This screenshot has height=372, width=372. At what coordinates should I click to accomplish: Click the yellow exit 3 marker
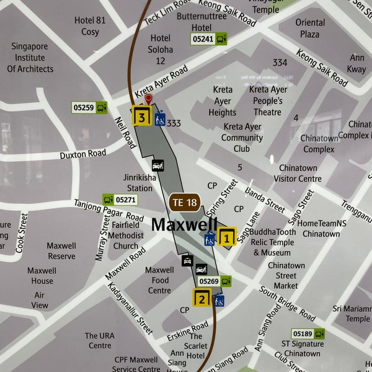pyautogui.click(x=142, y=117)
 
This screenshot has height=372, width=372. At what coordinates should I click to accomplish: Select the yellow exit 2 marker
pyautogui.click(x=201, y=298)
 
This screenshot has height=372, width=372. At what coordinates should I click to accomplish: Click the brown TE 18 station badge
pyautogui.click(x=184, y=202)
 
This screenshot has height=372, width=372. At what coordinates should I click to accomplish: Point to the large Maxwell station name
pyautogui.click(x=184, y=224)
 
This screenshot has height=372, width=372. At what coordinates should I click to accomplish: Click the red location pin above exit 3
pyautogui.click(x=148, y=99)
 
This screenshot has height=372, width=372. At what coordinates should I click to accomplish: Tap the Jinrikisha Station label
pyautogui.click(x=139, y=182)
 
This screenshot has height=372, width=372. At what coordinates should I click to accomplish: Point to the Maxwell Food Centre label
pyautogui.click(x=159, y=280)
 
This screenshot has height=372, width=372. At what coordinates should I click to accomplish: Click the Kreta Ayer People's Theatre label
pyautogui.click(x=268, y=100)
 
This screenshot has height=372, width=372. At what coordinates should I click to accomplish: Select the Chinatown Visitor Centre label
pyautogui.click(x=298, y=173)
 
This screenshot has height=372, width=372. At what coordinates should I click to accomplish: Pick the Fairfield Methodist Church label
pyautogui.click(x=126, y=236)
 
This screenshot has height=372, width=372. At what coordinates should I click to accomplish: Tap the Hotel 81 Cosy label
pyautogui.click(x=91, y=25)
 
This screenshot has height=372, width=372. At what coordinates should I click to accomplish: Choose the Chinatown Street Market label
pyautogui.click(x=286, y=275)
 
